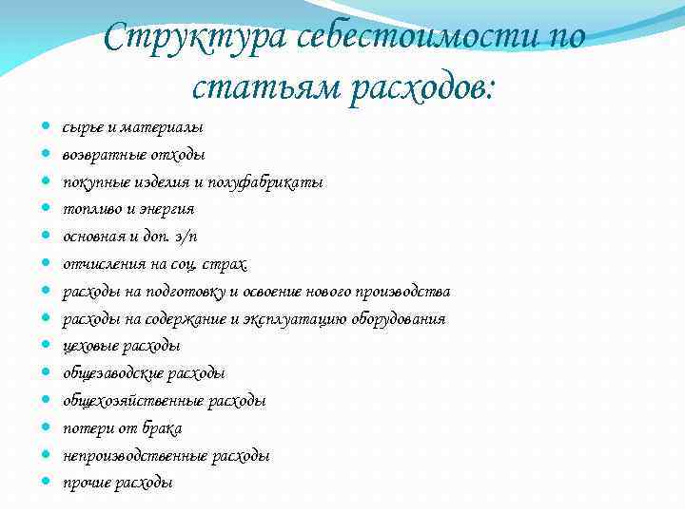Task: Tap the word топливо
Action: (90, 209)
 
